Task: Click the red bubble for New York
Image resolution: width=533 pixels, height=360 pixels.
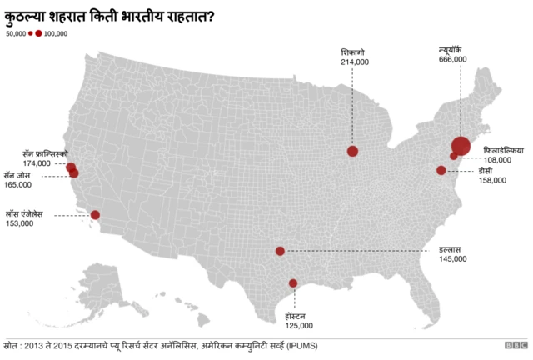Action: click(x=461, y=145)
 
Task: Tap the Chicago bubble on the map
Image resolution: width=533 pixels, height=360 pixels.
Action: click(x=352, y=151)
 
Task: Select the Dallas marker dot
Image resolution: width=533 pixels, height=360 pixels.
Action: click(x=280, y=251)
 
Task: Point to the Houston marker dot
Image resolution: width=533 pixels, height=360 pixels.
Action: click(x=292, y=283)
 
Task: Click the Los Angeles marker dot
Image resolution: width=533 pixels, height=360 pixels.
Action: click(x=95, y=214)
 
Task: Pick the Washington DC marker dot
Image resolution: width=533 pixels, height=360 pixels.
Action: click(x=441, y=170)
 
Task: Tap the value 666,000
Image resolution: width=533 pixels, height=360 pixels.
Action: click(x=452, y=60)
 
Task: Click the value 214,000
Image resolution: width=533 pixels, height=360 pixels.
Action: click(x=354, y=62)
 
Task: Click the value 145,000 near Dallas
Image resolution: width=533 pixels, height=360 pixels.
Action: click(x=453, y=259)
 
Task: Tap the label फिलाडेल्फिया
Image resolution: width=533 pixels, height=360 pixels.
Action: click(x=504, y=150)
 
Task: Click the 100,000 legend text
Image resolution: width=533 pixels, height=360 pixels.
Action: click(x=56, y=34)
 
